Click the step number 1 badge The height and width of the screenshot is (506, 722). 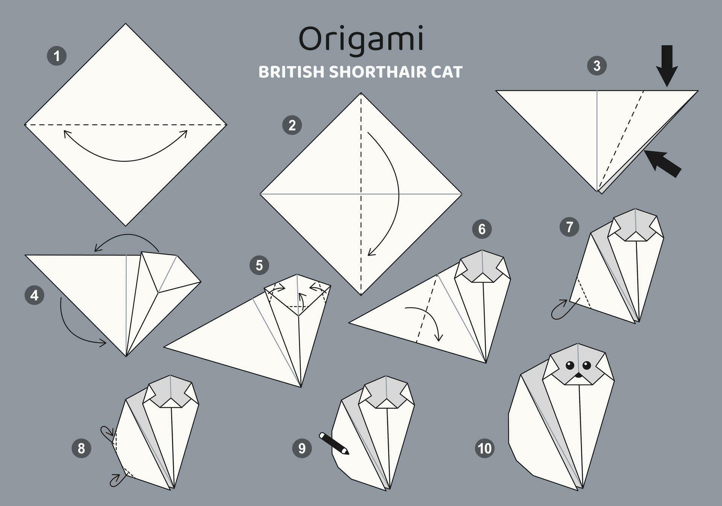click(x=57, y=56)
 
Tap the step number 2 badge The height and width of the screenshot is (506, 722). click(x=292, y=125)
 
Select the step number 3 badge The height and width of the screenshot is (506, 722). click(x=597, y=66)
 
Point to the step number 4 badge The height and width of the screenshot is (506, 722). click(x=34, y=295)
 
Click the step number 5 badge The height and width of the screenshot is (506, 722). click(x=259, y=265)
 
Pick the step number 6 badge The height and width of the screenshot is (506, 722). click(x=482, y=229)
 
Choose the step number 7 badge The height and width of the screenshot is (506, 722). click(x=569, y=227)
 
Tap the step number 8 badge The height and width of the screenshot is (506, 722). click(x=81, y=448)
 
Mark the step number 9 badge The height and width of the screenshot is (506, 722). click(x=302, y=448)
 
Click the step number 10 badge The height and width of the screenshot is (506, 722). click(x=484, y=448)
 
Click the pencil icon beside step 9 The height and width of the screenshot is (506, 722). click(x=334, y=443)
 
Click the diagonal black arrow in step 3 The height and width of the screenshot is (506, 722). click(x=663, y=163)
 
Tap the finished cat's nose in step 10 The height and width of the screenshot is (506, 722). click(x=578, y=375)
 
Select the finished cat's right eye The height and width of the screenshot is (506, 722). click(x=587, y=365)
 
